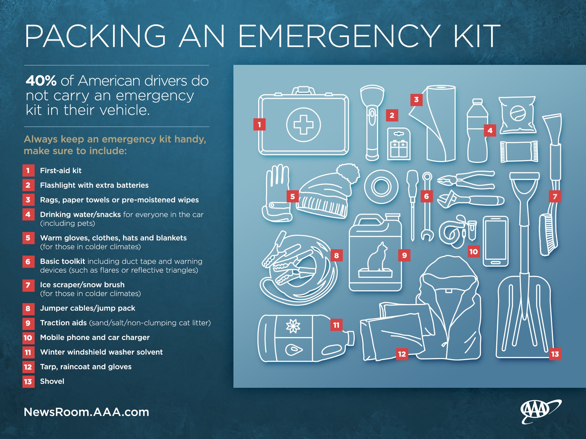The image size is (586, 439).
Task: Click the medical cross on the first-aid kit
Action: tap(303, 125)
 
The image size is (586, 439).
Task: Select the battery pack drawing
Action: tap(399, 144)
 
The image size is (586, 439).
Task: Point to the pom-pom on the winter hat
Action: tap(348, 173)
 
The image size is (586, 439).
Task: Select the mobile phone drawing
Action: tap(496, 241)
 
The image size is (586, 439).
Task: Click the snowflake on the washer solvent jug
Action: tap(293, 326)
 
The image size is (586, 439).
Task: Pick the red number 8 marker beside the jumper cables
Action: tap(336, 256)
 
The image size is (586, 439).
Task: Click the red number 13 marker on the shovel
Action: tap(555, 354)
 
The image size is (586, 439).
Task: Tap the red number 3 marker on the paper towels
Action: tap(416, 100)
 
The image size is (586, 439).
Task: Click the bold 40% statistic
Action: tap(41, 81)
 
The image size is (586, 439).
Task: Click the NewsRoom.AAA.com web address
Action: tap(86, 412)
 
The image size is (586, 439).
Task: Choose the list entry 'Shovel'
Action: tap(52, 381)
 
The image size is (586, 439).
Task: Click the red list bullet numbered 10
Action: tap(28, 338)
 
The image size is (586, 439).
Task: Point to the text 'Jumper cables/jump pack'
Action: tap(88, 308)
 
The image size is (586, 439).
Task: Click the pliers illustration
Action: tap(466, 180)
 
